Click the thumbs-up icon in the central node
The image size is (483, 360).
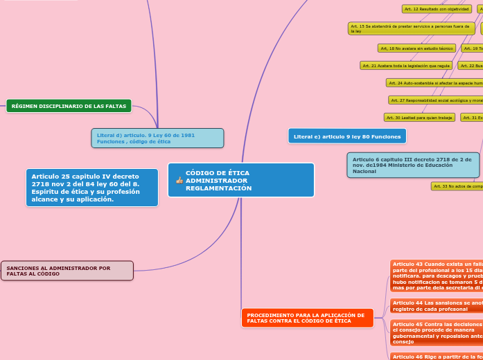(179, 180)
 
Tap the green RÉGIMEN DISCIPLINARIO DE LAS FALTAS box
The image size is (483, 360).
(69, 106)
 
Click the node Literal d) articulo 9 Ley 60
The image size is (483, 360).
(157, 138)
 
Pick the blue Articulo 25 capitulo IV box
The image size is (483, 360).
(91, 188)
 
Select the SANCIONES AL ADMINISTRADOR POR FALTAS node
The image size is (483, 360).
(67, 271)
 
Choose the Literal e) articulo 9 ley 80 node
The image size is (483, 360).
(347, 136)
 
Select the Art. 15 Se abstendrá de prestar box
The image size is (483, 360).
(412, 28)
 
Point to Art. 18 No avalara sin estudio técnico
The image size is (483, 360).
(416, 48)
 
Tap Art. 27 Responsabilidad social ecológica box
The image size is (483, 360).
(436, 100)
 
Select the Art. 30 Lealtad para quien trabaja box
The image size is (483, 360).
(419, 118)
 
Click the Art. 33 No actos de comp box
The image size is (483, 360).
(457, 186)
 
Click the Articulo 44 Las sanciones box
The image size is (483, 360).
(436, 306)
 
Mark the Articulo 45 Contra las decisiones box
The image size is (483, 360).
(436, 332)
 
